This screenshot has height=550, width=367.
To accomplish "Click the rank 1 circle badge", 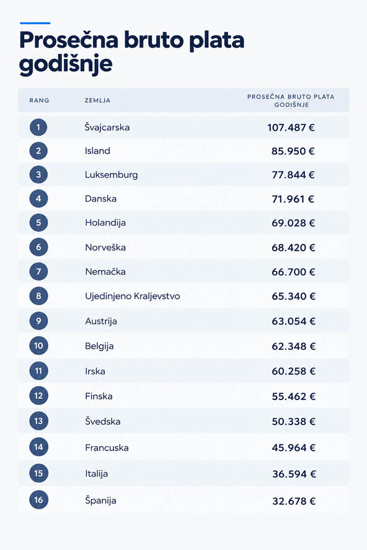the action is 38,127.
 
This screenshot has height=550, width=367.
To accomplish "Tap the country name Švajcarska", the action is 107,127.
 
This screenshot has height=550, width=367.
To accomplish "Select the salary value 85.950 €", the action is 293,151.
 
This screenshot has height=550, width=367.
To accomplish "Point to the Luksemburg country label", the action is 112,175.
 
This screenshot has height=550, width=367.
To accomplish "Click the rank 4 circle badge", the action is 38,199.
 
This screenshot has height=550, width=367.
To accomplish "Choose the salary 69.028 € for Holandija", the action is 293,223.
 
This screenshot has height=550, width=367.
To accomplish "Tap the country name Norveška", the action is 105,247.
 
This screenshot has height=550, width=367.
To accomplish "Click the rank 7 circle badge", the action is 38,271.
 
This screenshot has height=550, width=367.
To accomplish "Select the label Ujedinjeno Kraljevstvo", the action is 133,296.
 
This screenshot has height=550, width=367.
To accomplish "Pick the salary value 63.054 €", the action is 294,321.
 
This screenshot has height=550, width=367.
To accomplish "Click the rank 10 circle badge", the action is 38,346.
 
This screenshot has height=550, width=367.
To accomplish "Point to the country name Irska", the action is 95,371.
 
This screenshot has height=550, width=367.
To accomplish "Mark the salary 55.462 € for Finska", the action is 294,396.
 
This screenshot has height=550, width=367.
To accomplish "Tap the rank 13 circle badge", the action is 38,421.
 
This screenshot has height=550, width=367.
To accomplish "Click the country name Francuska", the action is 107,448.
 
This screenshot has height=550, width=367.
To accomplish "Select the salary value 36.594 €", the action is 294,474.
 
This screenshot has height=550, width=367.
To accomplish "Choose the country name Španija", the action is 101,500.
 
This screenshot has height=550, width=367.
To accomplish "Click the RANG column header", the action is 39,100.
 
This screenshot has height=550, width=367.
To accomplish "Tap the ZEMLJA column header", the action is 97,100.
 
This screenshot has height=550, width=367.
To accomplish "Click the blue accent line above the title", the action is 35,23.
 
